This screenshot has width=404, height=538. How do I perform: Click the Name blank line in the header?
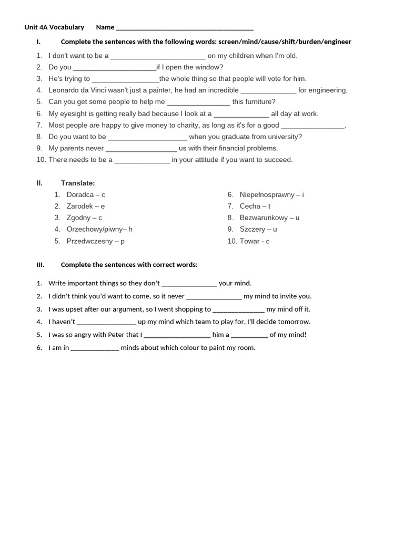coord(184,28)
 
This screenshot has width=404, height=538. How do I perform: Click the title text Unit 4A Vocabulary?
coord(54,27)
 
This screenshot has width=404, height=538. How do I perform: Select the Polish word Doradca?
coord(80,194)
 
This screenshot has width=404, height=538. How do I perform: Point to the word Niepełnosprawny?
coord(267,194)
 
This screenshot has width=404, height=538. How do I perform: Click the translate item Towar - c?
coord(255,241)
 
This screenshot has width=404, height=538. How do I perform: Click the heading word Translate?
coord(78,183)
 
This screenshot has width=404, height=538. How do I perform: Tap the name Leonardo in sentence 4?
coord(65,90)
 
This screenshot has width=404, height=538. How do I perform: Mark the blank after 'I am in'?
coord(95,348)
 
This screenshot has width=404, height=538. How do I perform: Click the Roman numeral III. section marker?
coord(41,265)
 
